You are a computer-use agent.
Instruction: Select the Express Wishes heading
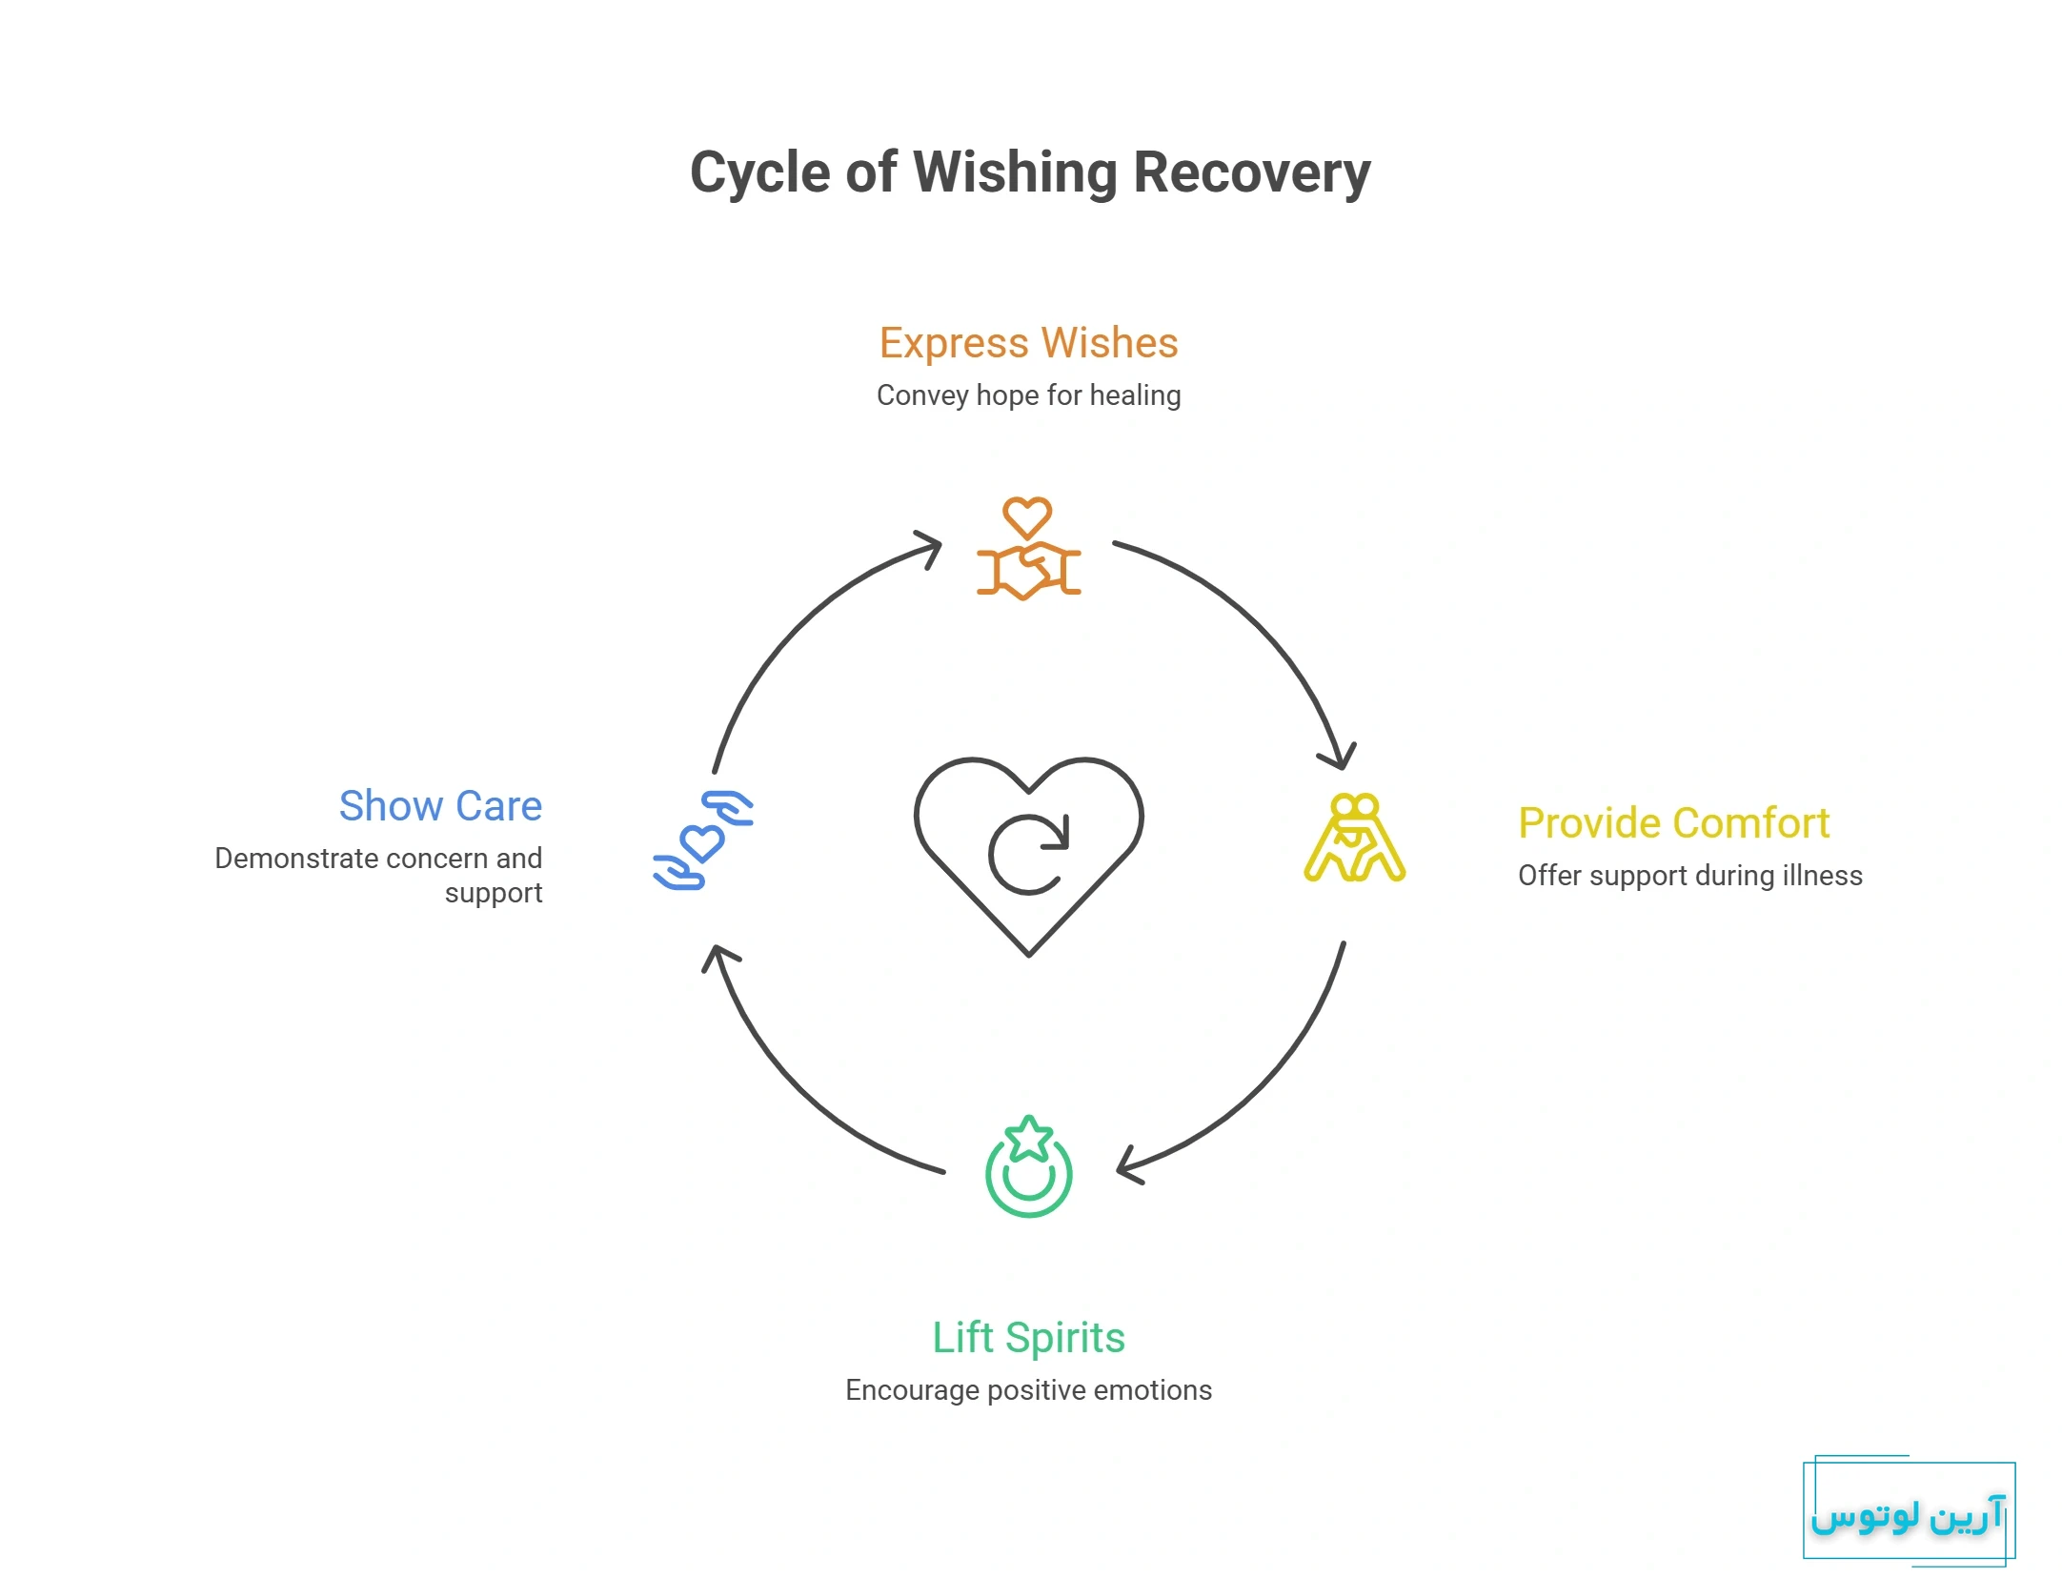tap(1028, 343)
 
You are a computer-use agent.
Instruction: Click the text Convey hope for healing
tap(1028, 395)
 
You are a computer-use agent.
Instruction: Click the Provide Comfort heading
tap(1673, 823)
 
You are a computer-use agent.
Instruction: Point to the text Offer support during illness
tap(1689, 876)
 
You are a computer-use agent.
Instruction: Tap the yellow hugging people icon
tap(1354, 838)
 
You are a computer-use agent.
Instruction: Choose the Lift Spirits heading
tap(1028, 1338)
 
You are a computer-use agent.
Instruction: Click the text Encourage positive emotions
tap(1028, 1390)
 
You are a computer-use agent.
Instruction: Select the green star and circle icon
tap(1028, 1167)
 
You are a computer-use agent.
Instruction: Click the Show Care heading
tap(440, 806)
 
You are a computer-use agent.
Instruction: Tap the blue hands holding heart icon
tap(703, 840)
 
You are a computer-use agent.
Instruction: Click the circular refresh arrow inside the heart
tap(1029, 854)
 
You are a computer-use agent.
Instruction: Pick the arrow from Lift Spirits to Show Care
tap(791, 1086)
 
